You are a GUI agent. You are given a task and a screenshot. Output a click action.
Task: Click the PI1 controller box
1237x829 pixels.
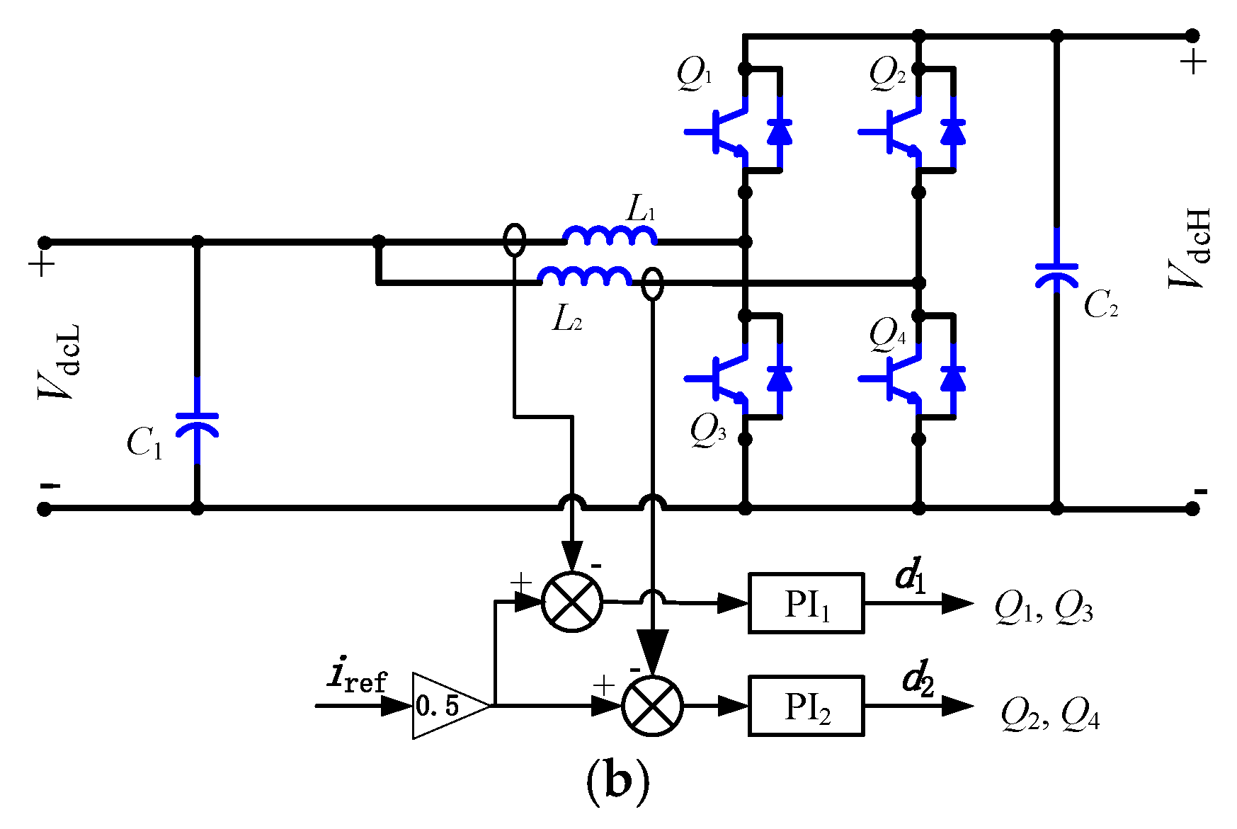pyautogui.click(x=806, y=603)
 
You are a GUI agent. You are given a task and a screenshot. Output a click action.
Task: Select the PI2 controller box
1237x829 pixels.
pyautogui.click(x=806, y=706)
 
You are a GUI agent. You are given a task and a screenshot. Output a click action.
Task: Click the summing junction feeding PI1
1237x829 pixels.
pyautogui.click(x=572, y=602)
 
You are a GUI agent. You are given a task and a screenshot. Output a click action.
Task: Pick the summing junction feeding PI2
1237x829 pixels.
pyautogui.click(x=652, y=706)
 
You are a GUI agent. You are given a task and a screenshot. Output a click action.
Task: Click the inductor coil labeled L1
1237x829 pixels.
pyautogui.click(x=610, y=236)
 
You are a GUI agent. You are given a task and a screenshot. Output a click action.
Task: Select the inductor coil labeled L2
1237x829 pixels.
pyautogui.click(x=585, y=276)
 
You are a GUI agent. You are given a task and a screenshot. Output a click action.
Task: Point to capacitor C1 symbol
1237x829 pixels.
pyautogui.click(x=197, y=423)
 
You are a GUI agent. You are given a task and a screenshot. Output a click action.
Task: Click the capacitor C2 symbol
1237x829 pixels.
pyautogui.click(x=1056, y=273)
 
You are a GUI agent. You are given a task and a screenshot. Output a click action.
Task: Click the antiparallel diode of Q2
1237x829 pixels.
pyautogui.click(x=953, y=132)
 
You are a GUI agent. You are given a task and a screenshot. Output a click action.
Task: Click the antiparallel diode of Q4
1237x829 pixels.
pyautogui.click(x=953, y=379)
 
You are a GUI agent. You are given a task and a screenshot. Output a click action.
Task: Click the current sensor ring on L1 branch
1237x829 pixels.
pyautogui.click(x=515, y=240)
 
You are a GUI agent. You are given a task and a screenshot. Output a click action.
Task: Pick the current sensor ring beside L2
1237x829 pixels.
pyautogui.click(x=652, y=283)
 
